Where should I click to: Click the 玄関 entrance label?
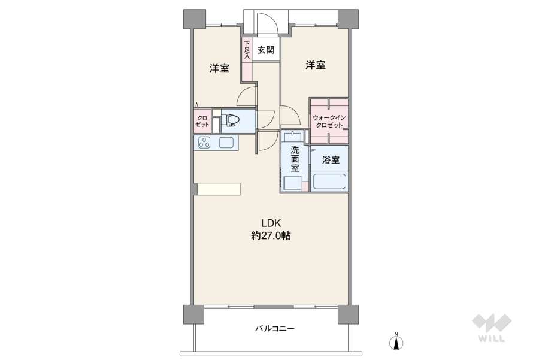tap(266, 50)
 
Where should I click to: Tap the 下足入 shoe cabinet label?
tap(247, 50)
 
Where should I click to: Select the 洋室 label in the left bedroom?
tap(219, 68)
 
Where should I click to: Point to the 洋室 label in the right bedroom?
tap(316, 65)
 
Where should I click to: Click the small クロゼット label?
tap(202, 121)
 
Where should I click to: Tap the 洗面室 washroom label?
tap(295, 159)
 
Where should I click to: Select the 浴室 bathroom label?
tap(331, 160)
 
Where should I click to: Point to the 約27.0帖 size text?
tap(271, 236)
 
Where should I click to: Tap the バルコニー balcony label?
tap(274, 328)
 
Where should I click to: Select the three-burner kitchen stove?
tap(204, 143)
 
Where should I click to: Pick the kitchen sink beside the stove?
tap(226, 143)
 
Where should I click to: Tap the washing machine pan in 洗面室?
tap(293, 183)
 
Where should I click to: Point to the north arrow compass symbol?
tap(395, 342)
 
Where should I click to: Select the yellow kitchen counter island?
tap(219, 189)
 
